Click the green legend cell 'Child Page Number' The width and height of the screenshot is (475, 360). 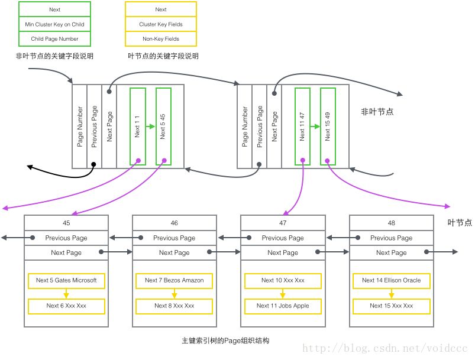54,39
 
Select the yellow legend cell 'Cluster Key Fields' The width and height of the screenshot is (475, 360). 160,24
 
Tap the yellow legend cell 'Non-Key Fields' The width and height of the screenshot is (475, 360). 160,39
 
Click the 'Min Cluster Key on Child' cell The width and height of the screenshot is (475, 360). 54,24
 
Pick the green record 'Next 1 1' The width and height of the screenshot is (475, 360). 137,127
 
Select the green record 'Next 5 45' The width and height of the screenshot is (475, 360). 163,127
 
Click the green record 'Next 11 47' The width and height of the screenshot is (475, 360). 302,127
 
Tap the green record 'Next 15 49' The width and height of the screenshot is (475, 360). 328,127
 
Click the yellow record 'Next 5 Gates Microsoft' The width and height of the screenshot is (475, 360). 66,280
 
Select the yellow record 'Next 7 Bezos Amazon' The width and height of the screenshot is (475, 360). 175,280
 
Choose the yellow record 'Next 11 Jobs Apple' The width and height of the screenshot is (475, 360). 283,306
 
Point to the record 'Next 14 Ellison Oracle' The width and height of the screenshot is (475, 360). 392,280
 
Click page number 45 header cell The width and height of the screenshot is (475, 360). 66,223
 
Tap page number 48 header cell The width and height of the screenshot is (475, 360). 392,223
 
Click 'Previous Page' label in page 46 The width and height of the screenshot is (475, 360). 175,238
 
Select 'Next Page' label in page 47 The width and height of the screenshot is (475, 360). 283,252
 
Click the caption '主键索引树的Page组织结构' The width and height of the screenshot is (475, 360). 226,341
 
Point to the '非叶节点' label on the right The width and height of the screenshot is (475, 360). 377,111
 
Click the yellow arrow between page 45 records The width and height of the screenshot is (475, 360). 66,293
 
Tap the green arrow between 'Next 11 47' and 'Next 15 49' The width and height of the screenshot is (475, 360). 315,127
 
